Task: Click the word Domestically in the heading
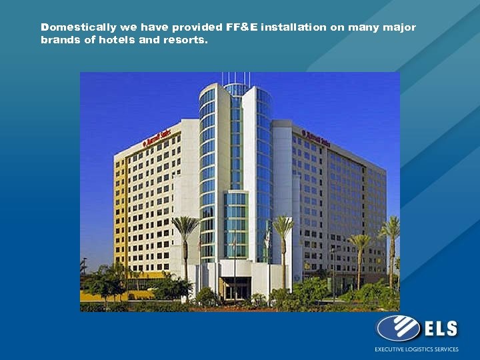[x=78, y=27]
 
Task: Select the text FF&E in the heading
[x=243, y=27]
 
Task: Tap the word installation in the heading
[x=294, y=27]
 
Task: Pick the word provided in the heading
[x=197, y=27]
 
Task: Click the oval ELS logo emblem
[x=398, y=328]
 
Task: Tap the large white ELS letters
[x=440, y=329]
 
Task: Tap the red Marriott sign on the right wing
[x=315, y=137]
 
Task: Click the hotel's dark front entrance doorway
[x=235, y=289]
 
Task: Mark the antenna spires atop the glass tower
[x=236, y=78]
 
